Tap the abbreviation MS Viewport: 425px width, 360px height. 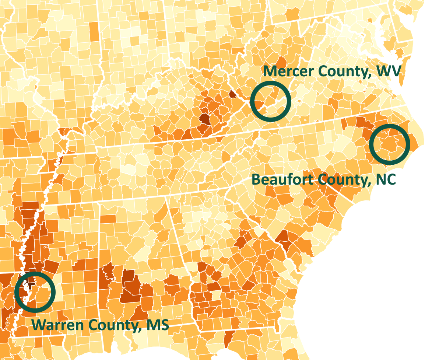point(158,325)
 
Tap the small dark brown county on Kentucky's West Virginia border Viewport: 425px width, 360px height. point(232,94)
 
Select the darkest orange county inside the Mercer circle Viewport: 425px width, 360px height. point(259,104)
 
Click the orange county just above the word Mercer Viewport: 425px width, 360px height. point(282,61)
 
